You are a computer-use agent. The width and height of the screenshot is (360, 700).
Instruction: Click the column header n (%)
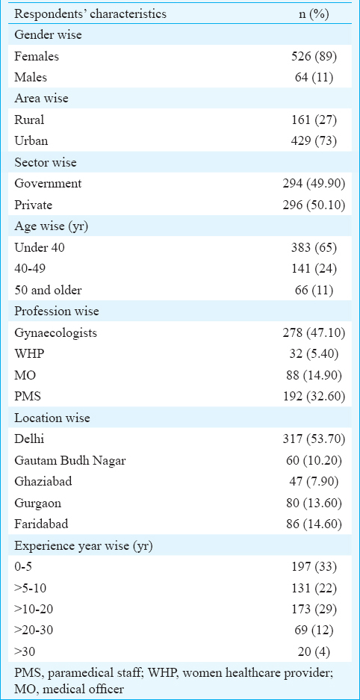click(314, 14)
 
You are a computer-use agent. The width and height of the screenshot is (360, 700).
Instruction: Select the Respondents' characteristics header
click(90, 14)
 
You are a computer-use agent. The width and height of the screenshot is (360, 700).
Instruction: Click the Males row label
click(31, 77)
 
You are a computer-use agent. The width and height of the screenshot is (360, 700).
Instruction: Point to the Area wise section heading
click(42, 98)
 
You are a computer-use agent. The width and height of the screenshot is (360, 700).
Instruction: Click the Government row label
click(49, 184)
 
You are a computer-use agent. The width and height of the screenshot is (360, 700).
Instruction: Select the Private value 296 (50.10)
click(314, 205)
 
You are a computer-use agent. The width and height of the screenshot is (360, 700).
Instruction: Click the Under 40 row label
click(40, 247)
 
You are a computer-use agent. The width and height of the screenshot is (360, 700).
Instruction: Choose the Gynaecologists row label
click(55, 333)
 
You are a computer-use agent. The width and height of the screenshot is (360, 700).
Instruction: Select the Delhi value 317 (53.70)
click(314, 440)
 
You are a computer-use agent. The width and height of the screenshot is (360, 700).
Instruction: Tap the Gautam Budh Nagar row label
click(69, 461)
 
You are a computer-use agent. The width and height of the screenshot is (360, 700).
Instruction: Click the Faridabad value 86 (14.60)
click(314, 524)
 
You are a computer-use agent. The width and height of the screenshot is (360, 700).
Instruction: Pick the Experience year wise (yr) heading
click(84, 545)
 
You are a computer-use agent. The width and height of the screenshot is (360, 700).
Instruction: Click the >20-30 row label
click(34, 631)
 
